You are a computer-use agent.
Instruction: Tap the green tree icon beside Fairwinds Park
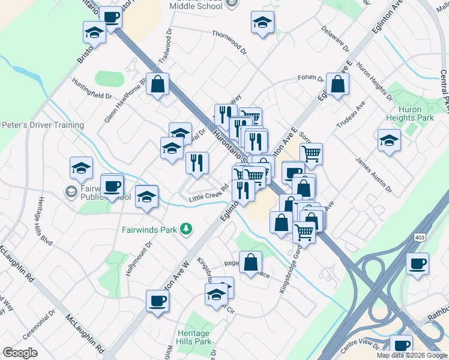pyautogui.click(x=187, y=229)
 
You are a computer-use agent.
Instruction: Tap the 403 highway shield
pyautogui.click(x=418, y=238)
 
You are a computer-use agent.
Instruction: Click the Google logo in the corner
pyautogui.click(x=20, y=353)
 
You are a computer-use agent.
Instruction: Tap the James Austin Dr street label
pyautogui.click(x=373, y=176)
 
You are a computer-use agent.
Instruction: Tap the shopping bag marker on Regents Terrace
pyautogui.click(x=251, y=262)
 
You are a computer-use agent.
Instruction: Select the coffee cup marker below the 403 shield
pyautogui.click(x=417, y=264)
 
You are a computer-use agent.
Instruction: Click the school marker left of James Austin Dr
pyautogui.click(x=389, y=142)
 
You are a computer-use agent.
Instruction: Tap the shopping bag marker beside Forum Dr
pyautogui.click(x=338, y=85)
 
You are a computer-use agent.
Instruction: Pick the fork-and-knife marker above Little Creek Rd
pyautogui.click(x=197, y=162)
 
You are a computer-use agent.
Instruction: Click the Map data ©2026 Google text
pyautogui.click(x=412, y=355)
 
